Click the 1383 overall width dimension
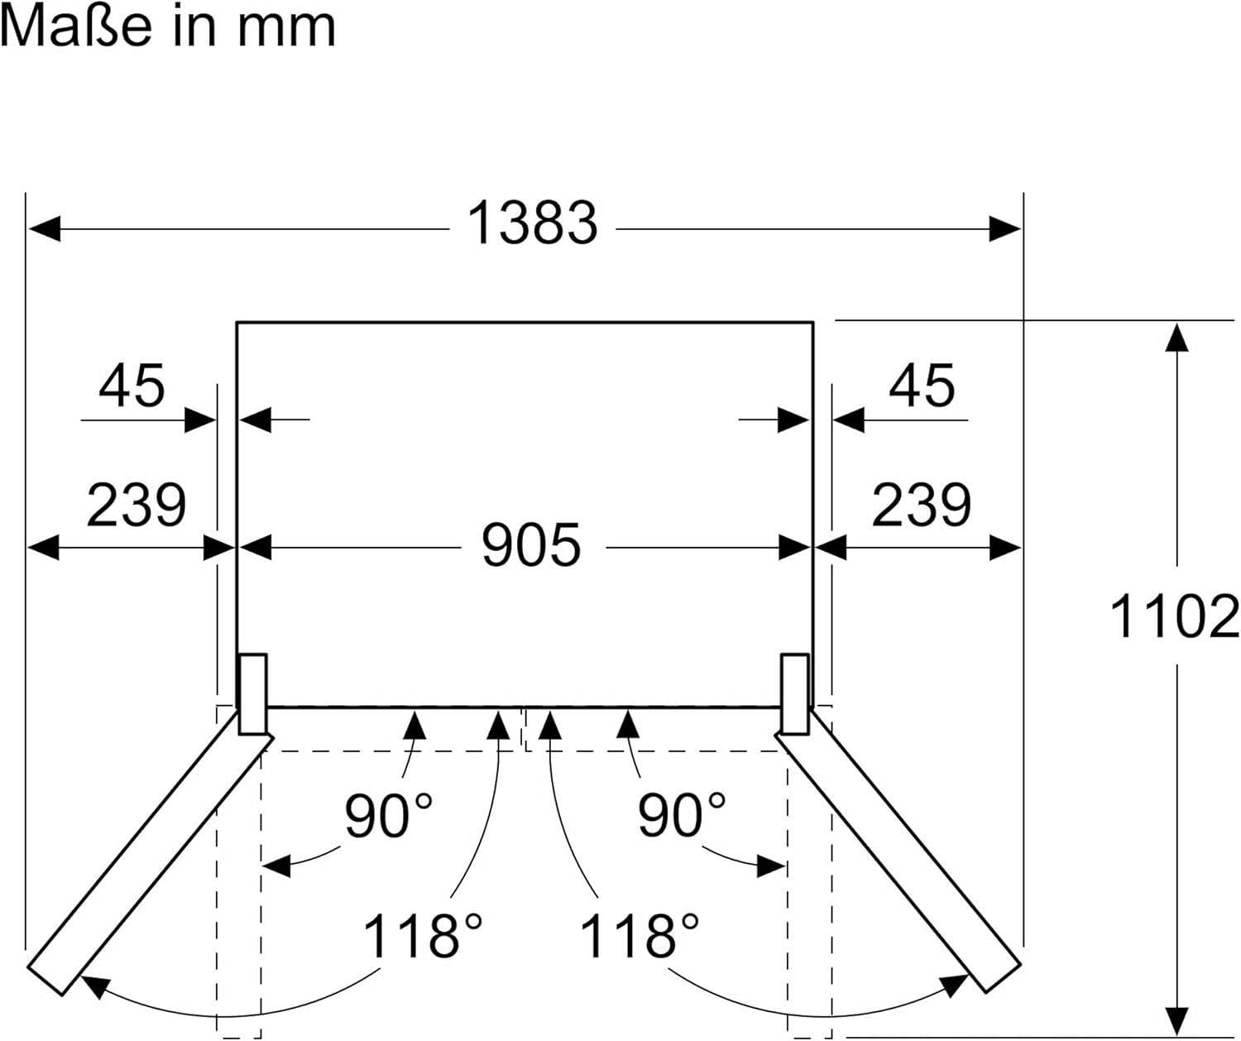click(x=532, y=223)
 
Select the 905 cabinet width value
click(x=531, y=545)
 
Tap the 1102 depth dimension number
click(x=1173, y=616)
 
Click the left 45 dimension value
click(x=132, y=386)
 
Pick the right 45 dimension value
click(x=922, y=386)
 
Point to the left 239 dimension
click(x=137, y=505)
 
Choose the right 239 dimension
click(x=921, y=505)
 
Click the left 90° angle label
click(x=388, y=815)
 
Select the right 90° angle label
click(x=681, y=815)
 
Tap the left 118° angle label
click(x=422, y=936)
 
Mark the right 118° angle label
click(x=639, y=936)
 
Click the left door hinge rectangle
click(x=252, y=693)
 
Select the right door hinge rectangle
click(x=794, y=693)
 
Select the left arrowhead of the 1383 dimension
click(x=43, y=228)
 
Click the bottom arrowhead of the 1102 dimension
click(x=1176, y=1020)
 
